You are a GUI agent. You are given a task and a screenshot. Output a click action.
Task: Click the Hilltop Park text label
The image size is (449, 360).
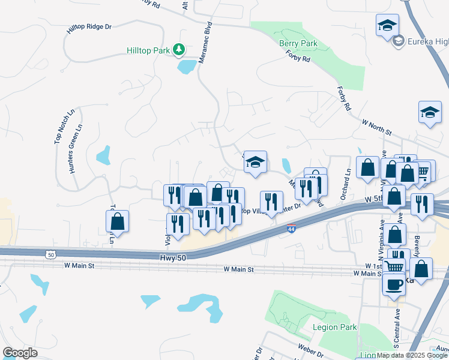[148, 51]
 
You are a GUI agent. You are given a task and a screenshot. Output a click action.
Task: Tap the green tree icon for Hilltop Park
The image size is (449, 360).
[178, 49]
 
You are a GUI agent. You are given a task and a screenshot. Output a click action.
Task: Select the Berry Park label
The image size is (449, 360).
[298, 43]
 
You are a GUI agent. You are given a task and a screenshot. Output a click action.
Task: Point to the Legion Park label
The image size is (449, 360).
[335, 327]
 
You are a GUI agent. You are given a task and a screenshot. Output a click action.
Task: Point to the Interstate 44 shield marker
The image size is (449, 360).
[291, 229]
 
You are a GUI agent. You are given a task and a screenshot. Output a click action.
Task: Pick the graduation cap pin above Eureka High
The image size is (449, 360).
[387, 26]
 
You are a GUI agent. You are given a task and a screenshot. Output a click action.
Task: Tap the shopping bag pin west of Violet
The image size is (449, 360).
[118, 221]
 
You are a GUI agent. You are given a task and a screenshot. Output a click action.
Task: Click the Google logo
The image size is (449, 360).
[20, 353]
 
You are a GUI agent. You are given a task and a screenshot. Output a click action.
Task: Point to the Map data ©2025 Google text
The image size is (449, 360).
[412, 355]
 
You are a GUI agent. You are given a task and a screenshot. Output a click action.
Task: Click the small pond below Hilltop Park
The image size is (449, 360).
[187, 66]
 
